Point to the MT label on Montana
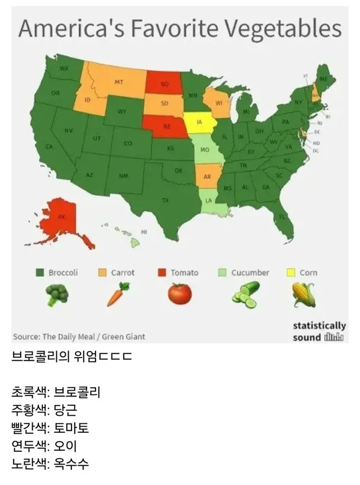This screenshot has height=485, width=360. pyautogui.click(x=119, y=82)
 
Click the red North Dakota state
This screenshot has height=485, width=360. pyautogui.click(x=165, y=84)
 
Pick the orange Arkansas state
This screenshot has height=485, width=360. pyautogui.click(x=207, y=176)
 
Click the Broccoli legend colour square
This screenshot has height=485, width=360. pyautogui.click(x=40, y=273)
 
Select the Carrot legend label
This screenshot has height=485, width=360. pyautogui.click(x=123, y=273)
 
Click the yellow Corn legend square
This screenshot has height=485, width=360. pyautogui.click(x=291, y=273)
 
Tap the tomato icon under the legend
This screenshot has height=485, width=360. pyautogui.click(x=179, y=293)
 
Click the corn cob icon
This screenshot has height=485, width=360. pyautogui.click(x=303, y=294)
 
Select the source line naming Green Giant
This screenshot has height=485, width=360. pyautogui.click(x=78, y=336)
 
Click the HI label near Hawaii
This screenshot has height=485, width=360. pyautogui.click(x=143, y=232)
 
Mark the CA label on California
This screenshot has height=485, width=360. pyautogui.click(x=49, y=146)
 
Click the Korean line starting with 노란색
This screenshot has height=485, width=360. pyautogui.click(x=50, y=464)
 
